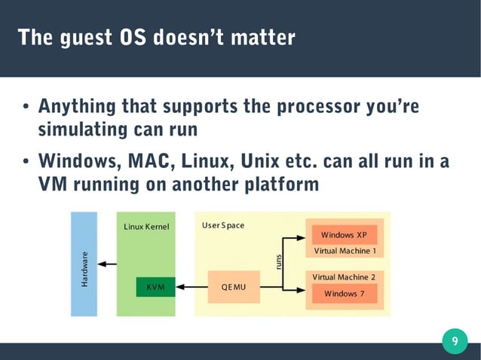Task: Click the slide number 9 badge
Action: coord(454,342)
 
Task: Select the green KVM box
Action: coord(155,287)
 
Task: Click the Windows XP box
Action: coord(344,235)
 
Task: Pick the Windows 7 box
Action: coord(344,293)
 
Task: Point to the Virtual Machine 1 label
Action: coord(345,251)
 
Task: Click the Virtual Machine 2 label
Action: coord(344,277)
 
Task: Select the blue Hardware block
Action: coord(84,264)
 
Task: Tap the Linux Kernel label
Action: coord(146,226)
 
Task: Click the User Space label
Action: coord(223,225)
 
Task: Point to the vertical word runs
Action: coord(278,261)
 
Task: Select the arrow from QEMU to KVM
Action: coord(191,287)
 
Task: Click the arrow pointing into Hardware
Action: coord(107,264)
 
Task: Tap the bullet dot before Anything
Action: coord(25,107)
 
